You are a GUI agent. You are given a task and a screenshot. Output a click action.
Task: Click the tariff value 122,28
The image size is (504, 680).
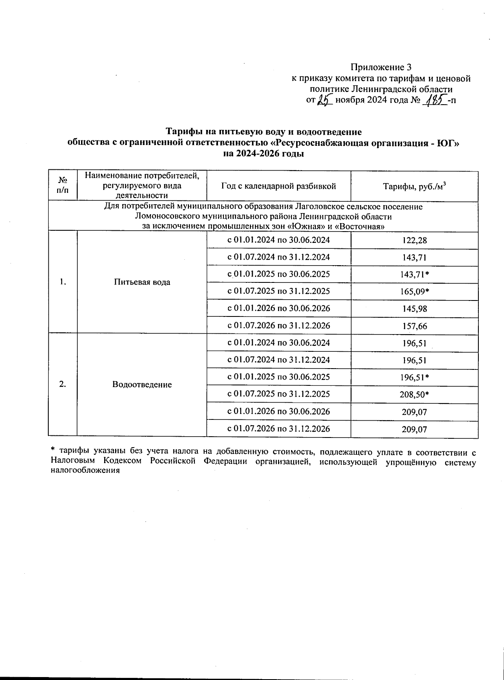(x=414, y=240)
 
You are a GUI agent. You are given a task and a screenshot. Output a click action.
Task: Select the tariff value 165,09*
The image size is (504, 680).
(x=414, y=292)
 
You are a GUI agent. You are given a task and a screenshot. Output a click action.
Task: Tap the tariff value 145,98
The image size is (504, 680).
(x=414, y=309)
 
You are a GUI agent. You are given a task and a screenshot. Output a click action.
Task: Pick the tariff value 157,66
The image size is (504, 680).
(x=414, y=326)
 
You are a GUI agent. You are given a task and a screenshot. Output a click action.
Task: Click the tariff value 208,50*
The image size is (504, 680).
(x=414, y=395)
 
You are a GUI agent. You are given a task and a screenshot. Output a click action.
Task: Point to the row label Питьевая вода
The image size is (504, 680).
(x=142, y=282)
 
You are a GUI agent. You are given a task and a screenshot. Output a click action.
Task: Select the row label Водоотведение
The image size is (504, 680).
(x=142, y=385)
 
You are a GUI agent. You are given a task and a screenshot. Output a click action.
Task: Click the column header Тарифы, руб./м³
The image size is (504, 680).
(x=414, y=187)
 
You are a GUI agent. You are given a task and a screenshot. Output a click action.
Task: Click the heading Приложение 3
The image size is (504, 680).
(x=381, y=67)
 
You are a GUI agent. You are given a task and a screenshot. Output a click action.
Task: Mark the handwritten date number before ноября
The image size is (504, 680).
(x=325, y=100)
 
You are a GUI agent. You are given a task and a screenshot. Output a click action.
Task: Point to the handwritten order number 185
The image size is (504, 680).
(x=435, y=100)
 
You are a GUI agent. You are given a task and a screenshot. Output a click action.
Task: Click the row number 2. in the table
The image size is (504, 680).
(x=63, y=384)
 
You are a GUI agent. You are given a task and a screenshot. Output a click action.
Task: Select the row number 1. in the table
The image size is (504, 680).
(x=63, y=282)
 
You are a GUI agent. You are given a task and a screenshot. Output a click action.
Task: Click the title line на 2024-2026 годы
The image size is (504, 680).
(x=263, y=154)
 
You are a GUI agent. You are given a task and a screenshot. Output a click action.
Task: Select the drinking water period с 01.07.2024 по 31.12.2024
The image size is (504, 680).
(x=278, y=257)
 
